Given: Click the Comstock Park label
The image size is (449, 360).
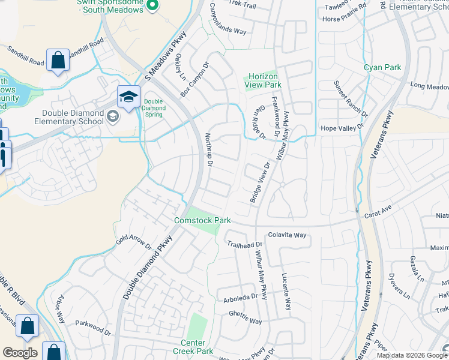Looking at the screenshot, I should tap(202, 220).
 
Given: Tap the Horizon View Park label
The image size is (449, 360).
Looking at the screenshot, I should tap(262, 80).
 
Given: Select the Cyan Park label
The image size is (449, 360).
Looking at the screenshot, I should tap(382, 68).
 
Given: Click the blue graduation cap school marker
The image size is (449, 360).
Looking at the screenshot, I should tap(128, 97).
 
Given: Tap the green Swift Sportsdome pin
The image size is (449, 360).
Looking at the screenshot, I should tap(152, 6).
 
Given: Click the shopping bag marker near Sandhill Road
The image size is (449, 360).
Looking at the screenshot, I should tap(58, 60).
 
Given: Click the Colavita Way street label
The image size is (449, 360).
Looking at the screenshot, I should tap(287, 235).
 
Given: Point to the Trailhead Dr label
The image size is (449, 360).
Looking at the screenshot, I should tap(245, 244).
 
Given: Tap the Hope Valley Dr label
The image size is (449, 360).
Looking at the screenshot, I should tap(343, 128).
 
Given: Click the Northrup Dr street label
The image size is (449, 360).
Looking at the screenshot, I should tap(208, 151).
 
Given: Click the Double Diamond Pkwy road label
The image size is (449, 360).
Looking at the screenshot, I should tap(148, 268).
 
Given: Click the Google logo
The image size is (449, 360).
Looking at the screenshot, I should tap(20, 353).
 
